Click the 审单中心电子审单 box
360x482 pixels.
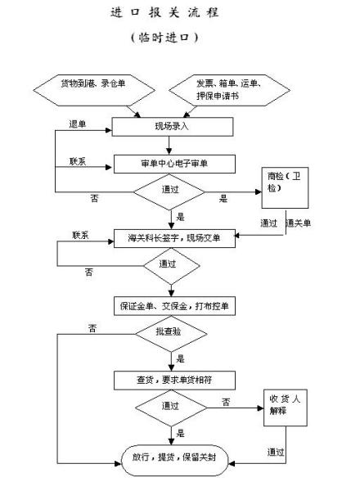174,163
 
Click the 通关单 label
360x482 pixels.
299,223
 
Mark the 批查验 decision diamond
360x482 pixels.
171,333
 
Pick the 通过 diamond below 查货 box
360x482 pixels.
171,407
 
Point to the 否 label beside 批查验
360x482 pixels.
94,329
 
